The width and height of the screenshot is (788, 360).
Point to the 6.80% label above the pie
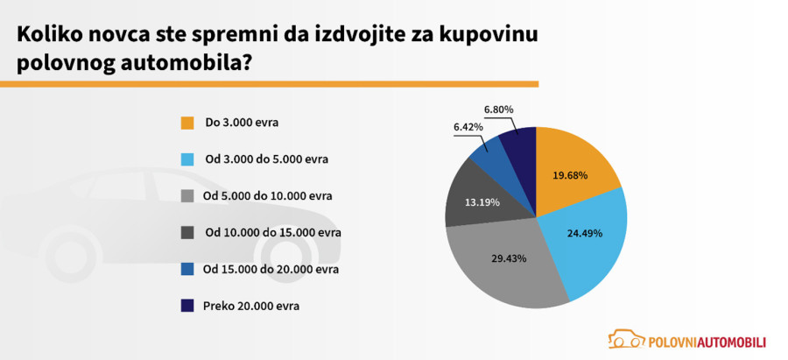click(498, 109)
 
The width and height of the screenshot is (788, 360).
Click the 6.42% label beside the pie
click(468, 127)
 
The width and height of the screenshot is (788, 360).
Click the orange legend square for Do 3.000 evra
click(186, 123)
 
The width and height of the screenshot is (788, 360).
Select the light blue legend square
click(186, 159)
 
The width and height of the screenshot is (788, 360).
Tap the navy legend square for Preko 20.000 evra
click(186, 306)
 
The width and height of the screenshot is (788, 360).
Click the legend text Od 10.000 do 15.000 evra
click(272, 232)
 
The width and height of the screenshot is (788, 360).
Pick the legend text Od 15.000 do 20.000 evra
click(271, 269)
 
